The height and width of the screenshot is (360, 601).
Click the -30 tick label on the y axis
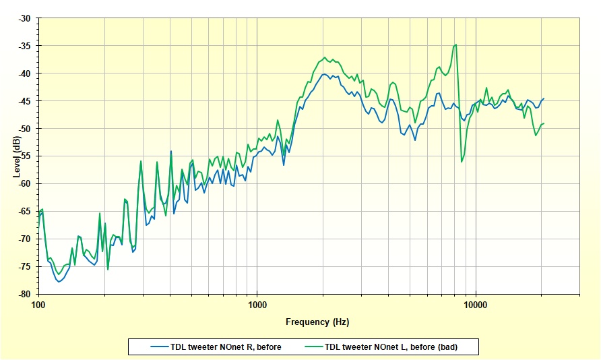24,18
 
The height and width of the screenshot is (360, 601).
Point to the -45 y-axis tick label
24,101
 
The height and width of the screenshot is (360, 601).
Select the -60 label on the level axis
24,184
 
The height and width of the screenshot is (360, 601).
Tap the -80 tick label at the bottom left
24,295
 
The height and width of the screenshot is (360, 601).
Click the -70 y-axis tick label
24,239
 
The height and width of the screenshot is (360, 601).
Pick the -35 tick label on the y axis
24,46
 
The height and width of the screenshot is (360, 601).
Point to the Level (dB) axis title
16,156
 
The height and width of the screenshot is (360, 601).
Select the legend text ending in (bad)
401,347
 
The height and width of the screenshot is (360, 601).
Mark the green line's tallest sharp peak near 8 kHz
456,45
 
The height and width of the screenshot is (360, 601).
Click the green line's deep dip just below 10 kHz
462,162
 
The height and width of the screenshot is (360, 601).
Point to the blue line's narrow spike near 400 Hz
171,151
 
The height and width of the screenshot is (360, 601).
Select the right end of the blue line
544,98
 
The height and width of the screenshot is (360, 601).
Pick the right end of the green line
544,123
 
